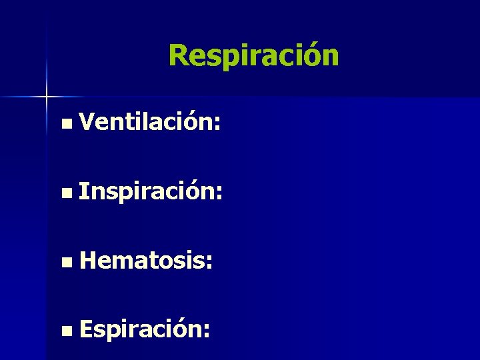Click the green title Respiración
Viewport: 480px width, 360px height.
[253, 56]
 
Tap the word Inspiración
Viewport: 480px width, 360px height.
[146, 193]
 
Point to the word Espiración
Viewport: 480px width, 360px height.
[141, 329]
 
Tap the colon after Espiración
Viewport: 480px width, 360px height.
[209, 331]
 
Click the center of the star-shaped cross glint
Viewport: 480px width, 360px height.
[47, 97]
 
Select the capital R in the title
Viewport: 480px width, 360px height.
[178, 56]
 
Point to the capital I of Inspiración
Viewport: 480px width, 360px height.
[82, 192]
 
